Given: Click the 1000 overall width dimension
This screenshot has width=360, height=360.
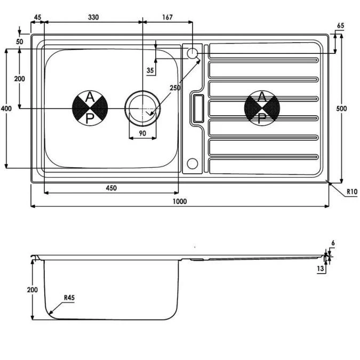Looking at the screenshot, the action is click(x=180, y=202).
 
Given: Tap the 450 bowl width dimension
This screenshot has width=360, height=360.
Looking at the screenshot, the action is click(x=111, y=188).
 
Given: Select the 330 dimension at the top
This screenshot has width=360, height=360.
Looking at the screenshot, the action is click(x=93, y=17).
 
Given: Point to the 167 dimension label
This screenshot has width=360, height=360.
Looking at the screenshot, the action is click(x=167, y=17).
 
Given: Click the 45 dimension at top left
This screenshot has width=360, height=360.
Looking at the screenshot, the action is click(x=37, y=17).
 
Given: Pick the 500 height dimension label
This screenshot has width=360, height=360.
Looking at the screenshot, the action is click(x=341, y=108).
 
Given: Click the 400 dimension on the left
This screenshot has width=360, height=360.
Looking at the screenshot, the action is click(x=6, y=108).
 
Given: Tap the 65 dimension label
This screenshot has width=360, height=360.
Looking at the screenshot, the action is click(x=340, y=26).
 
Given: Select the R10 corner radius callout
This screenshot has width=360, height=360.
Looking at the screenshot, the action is click(x=352, y=191).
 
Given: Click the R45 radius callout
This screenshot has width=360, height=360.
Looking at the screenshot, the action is click(x=69, y=298).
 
